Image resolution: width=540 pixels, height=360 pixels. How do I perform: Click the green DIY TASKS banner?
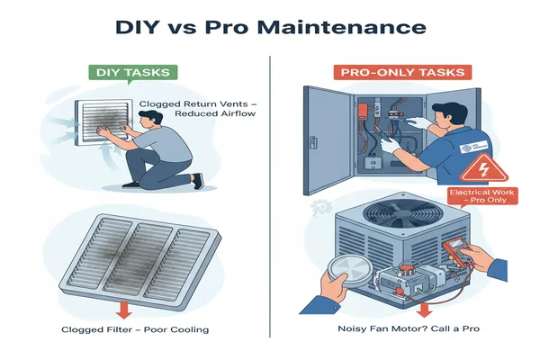[133, 73]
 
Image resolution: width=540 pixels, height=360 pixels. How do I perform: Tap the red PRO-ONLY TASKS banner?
[402, 72]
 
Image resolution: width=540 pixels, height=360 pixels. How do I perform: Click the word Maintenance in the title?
[342, 27]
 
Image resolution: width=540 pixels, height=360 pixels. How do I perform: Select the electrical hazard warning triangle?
[484, 168]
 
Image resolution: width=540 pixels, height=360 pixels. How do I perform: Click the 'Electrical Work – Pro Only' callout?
[482, 196]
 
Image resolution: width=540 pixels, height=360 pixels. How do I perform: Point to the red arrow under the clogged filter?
[124, 310]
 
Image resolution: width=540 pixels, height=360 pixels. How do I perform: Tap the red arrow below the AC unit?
[424, 310]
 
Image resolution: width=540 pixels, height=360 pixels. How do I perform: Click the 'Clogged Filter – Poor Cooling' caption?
[135, 329]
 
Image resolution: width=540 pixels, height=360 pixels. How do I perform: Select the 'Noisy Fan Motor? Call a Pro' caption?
[409, 328]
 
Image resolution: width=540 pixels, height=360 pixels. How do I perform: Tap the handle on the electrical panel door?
[313, 142]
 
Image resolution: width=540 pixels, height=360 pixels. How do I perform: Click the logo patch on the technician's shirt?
[473, 147]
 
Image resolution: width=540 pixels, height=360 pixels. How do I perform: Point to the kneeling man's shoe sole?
[200, 181]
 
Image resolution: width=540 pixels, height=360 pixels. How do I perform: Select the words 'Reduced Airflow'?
[215, 113]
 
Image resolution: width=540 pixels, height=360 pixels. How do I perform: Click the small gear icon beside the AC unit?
[321, 208]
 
